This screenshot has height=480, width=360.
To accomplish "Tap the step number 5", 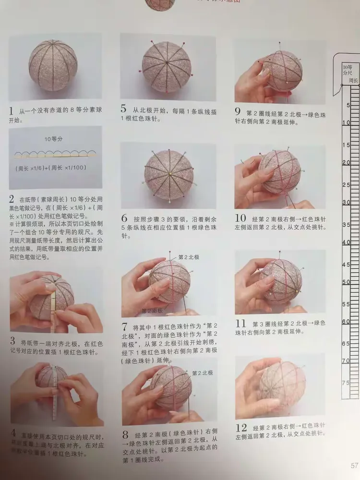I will pyautogui.click(x=124, y=109).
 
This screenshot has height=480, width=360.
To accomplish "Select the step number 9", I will pyautogui.click(x=238, y=111).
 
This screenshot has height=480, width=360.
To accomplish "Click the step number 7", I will pyautogui.click(x=124, y=327).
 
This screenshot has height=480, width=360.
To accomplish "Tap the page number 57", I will pyautogui.click(x=354, y=464).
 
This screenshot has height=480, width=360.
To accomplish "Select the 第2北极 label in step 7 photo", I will pyautogui.click(x=188, y=257).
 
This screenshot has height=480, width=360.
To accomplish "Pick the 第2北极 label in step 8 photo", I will pyautogui.click(x=202, y=372).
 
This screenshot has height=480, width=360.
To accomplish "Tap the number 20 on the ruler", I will pyautogui.click(x=346, y=163).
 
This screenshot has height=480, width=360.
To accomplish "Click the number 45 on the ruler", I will pyautogui.click(x=346, y=264).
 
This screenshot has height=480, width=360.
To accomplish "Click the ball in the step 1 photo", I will pyautogui.click(x=53, y=65).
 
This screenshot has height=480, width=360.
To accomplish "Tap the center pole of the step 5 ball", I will pyautogui.click(x=166, y=63).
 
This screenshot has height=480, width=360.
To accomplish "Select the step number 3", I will pyautogui.click(x=12, y=342).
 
